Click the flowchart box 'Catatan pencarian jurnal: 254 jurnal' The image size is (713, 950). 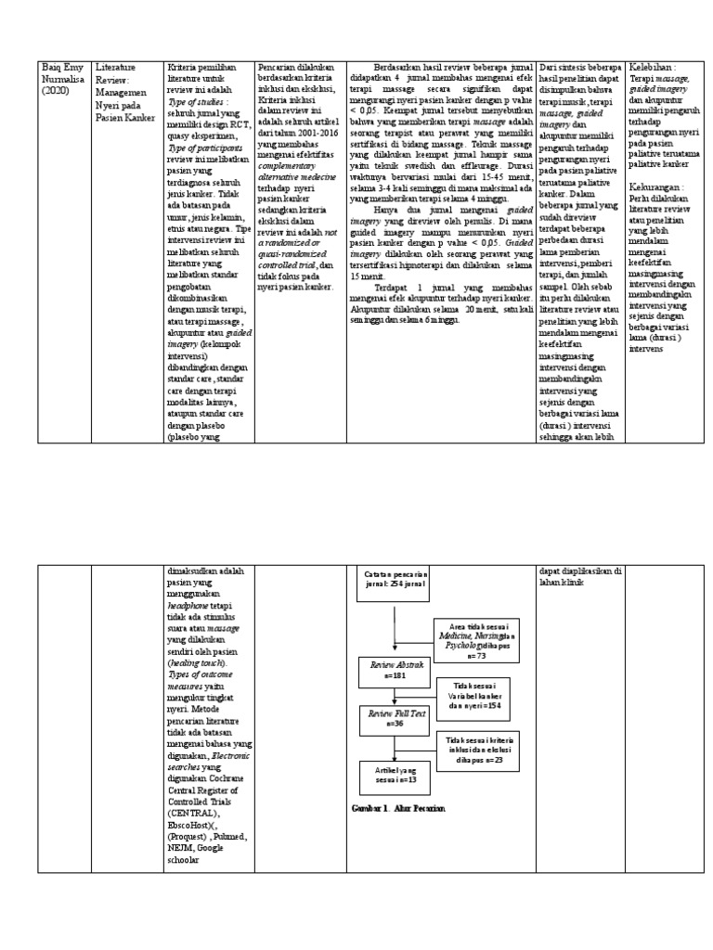(x=393, y=581)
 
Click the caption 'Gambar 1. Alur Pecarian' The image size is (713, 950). (x=393, y=809)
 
